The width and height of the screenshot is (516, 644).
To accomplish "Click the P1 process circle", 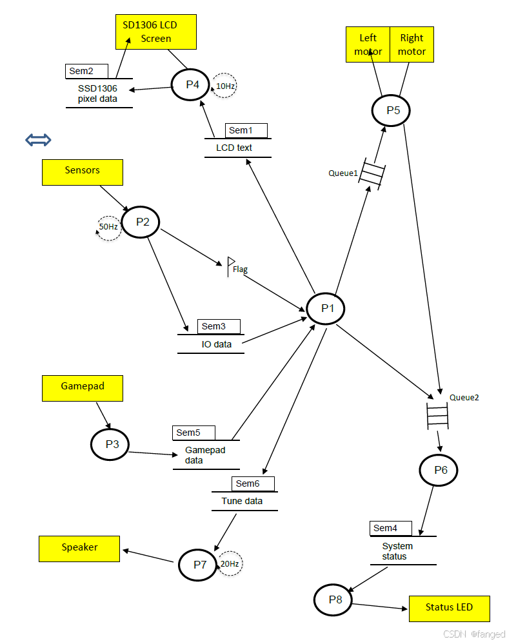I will tap(325, 309).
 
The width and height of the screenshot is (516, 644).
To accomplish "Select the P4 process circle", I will tap(190, 84).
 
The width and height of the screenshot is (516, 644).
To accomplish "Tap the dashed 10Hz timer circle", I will tap(225, 85).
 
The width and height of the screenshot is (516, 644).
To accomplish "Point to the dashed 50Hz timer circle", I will tap(109, 227).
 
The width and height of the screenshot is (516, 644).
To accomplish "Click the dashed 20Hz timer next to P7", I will tap(230, 563).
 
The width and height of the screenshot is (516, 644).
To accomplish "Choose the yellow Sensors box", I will tap(82, 171).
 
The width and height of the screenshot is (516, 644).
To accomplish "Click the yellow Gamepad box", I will tap(82, 387).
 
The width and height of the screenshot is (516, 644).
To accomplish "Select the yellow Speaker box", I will tap(79, 548).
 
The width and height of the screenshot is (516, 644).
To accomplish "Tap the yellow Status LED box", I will tap(449, 608).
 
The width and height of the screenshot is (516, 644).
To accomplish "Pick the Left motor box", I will tap(368, 44).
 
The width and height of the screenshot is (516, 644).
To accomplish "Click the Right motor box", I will tap(412, 44).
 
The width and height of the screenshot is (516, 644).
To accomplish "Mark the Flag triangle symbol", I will tap(231, 264).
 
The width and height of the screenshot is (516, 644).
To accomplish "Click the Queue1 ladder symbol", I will tap(372, 173).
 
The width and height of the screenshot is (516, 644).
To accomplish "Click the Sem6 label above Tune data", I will tap(252, 483).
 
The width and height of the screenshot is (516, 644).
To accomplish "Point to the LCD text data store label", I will tap(233, 148).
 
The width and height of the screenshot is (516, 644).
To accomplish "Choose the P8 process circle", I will tap(333, 600).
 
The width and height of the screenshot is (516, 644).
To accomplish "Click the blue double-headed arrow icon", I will tap(38, 140).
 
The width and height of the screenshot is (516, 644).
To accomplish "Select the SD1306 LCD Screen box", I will tap(155, 32).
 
